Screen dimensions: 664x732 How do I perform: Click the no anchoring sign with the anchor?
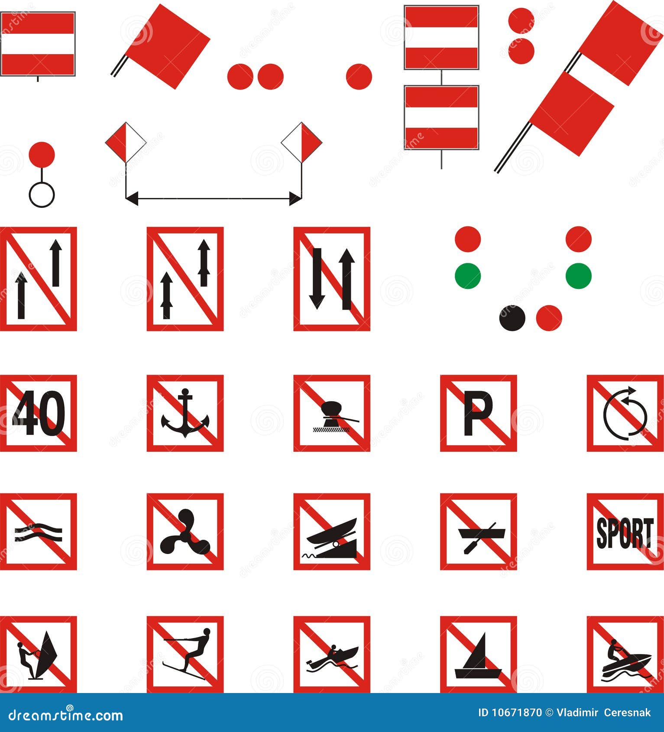coord(185,413)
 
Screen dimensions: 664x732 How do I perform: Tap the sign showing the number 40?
coord(38,413)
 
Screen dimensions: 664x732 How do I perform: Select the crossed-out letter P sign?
coord(479,413)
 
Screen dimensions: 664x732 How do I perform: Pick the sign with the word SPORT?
coord(625,531)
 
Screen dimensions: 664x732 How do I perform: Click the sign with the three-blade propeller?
coord(185,531)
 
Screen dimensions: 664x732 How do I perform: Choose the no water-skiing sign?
coord(185,654)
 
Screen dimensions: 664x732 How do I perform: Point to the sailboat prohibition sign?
coord(479,654)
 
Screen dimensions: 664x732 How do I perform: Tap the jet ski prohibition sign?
coord(625,654)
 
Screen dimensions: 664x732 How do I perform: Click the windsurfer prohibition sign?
coord(38,654)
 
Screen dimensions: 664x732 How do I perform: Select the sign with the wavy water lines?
coord(38,531)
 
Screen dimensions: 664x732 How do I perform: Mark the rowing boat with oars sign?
coord(479,531)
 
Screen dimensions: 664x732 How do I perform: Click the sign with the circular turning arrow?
coord(625,413)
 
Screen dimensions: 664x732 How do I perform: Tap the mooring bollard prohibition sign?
coord(332,413)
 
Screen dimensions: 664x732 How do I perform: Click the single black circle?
coord(512,318)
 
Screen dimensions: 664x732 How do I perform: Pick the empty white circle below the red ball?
coord(42,194)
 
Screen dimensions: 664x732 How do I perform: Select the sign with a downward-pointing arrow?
coord(332,279)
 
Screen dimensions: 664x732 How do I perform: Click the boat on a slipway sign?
coord(332,531)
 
